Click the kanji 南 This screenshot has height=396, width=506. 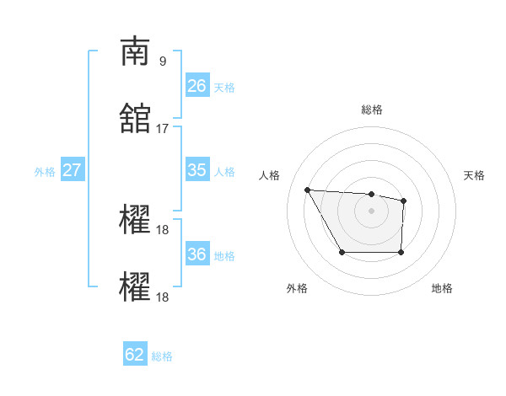tap(135, 52)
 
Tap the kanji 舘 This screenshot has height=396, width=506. tap(135, 118)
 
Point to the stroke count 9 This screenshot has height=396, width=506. tap(162, 62)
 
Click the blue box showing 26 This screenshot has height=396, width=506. tap(196, 86)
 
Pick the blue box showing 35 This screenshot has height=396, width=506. tap(196, 170)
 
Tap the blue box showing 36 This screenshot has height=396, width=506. tap(196, 254)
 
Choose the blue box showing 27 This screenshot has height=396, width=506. tap(72, 170)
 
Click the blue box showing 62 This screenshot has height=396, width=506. tap(135, 355)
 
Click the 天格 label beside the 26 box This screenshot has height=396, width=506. tap(224, 88)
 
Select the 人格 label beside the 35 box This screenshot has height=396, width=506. tap(224, 172)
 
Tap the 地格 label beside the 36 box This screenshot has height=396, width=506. tap(224, 256)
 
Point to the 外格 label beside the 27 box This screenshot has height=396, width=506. tap(45, 172)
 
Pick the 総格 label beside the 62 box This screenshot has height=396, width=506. tap(162, 356)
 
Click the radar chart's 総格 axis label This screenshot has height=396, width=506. tap(371, 110)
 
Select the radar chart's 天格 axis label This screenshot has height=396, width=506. tap(474, 175)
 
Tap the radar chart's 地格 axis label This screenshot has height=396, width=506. tap(442, 288)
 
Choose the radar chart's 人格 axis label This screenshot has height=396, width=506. tap(270, 175)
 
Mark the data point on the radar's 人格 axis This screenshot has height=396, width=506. tap(308, 190)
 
